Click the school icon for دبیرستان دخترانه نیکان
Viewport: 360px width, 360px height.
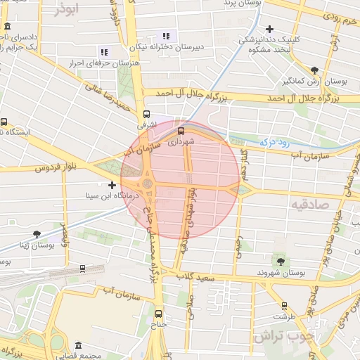tap(166, 36)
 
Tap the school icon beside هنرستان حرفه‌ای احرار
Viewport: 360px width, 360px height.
tap(104, 52)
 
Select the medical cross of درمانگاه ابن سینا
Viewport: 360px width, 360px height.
tap(112, 185)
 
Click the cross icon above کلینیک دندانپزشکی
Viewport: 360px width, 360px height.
tap(269, 29)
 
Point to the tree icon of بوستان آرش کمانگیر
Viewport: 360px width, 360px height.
tap(314, 70)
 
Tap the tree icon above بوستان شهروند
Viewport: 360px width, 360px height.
tap(281, 262)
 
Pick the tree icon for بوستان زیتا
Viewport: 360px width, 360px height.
tap(37, 234)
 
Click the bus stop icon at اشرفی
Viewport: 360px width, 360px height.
tap(146, 114)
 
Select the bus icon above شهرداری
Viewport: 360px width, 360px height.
tap(181, 130)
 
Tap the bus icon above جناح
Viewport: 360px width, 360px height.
tap(158, 314)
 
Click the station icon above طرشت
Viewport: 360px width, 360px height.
tap(284, 306)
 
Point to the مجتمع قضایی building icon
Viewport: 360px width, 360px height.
tap(77, 346)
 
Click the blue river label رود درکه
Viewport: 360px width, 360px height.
tap(276, 141)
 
